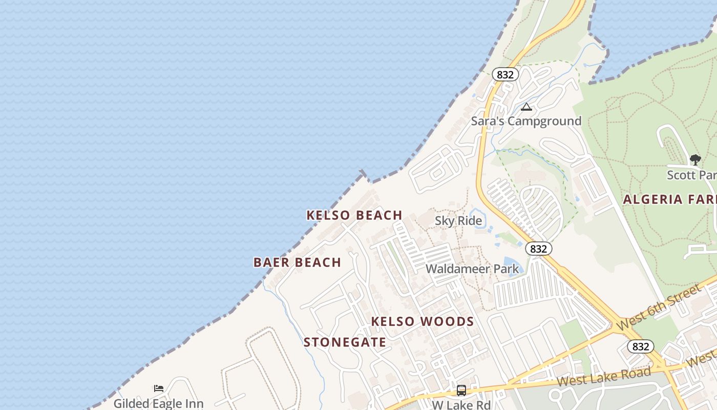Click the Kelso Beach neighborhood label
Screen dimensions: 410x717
(354, 215)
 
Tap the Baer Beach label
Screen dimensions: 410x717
(297, 262)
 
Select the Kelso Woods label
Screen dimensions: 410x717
(423, 322)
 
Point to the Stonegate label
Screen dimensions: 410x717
(345, 342)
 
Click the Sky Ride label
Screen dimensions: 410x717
(458, 221)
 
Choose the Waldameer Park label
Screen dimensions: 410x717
(472, 269)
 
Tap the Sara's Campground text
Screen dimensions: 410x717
(526, 121)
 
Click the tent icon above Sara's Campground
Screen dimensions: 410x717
(526, 107)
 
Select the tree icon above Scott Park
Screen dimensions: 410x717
(695, 160)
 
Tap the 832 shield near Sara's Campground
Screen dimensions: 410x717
(505, 75)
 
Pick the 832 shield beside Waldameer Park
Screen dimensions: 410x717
(538, 249)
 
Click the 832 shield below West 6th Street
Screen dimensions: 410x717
(641, 346)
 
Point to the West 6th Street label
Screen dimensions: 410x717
(658, 307)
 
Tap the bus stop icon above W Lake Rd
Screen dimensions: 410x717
(461, 391)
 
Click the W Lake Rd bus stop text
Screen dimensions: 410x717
(461, 405)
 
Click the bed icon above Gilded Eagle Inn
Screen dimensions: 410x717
(159, 388)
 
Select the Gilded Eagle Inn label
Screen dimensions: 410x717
(158, 403)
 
